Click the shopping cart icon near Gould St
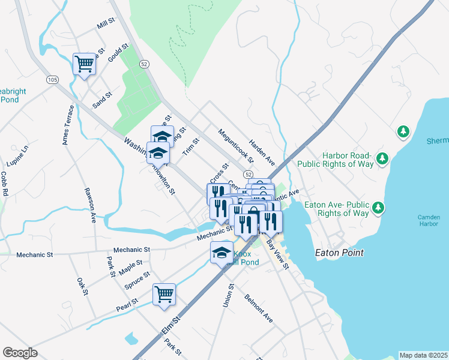coord(85,64)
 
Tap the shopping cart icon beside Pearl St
coord(164,294)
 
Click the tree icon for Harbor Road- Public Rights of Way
coord(382,159)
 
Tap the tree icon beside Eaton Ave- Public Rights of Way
coord(378,208)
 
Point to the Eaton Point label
coord(339,253)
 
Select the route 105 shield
coord(52,80)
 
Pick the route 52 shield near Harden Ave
coord(247,173)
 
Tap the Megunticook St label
coord(232,145)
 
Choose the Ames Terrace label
coord(67,125)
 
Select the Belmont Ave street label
coord(259,308)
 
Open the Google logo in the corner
coord(20,352)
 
